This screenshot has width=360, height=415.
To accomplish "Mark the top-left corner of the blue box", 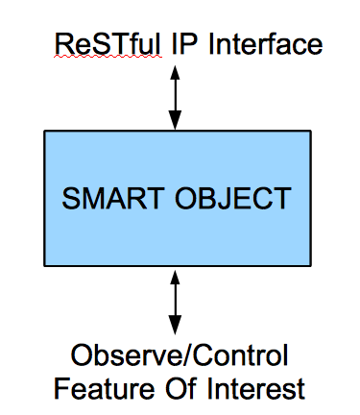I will point(44,132).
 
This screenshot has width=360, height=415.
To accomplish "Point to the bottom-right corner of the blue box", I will point(310,266).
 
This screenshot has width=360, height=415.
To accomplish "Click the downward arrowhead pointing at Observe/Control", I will point(175,328).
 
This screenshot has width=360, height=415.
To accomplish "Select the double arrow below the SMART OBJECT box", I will point(175,303).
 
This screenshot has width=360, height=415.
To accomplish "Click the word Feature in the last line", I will point(95,389).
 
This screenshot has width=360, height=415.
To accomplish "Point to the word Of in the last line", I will point(175,389).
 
